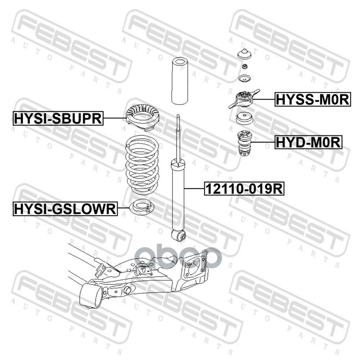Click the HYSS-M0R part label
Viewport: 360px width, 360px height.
(313, 99)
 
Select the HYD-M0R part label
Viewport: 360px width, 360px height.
(308, 142)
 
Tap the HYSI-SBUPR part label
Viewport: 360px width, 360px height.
(58, 118)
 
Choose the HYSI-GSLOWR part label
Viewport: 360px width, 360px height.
(65, 209)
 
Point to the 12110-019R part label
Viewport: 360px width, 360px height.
(244, 189)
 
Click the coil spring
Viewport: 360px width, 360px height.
(142, 165)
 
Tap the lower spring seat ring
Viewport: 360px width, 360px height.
(142, 207)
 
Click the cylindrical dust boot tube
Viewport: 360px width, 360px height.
(180, 81)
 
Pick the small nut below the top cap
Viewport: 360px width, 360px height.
(244, 67)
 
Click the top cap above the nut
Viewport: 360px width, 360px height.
(244, 54)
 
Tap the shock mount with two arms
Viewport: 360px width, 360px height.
(244, 99)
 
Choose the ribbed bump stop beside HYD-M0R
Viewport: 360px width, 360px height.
(244, 143)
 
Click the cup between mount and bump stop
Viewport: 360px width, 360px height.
(244, 118)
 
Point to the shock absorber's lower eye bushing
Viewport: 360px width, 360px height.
(179, 235)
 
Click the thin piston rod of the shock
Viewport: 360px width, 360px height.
(178, 138)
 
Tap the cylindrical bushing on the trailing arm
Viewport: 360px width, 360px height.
(91, 295)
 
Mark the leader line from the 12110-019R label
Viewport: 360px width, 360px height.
(194, 189)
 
